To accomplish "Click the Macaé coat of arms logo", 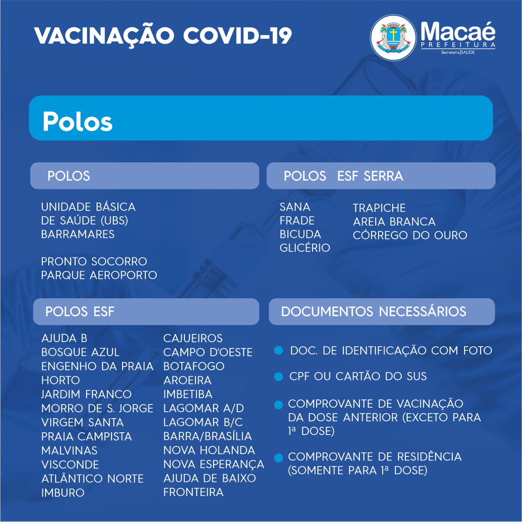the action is (393, 38).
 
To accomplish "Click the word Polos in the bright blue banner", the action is (77, 122).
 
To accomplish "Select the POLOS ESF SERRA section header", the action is (343, 176).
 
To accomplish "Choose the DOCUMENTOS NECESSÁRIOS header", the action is (374, 312).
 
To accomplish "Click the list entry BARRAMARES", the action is (78, 234).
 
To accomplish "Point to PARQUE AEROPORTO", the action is (99, 275).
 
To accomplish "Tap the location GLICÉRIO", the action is (305, 248).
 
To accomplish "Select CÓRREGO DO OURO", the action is (410, 235).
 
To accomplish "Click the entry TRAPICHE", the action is (379, 208).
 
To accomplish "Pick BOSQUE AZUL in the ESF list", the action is (80, 352).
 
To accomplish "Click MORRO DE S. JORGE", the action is (97, 408).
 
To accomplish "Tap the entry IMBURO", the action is (63, 493).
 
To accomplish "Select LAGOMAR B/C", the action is (203, 422).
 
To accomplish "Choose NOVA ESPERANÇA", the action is (214, 464).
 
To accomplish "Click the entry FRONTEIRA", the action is (194, 492).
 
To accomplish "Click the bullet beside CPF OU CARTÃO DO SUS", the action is (278, 377).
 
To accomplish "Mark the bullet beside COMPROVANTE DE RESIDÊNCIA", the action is (278, 457).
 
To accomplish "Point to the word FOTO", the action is (478, 351).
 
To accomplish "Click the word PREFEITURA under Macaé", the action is (458, 45).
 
